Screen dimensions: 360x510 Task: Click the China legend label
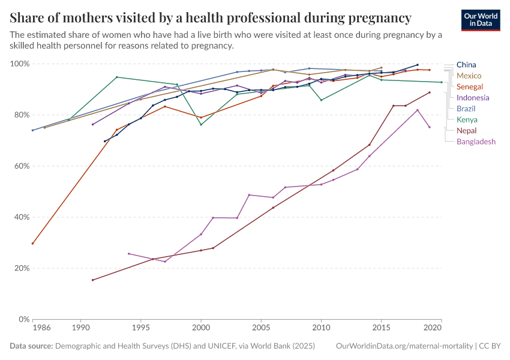(467, 65)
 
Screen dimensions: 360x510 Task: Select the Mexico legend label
(469, 76)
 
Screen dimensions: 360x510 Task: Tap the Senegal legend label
(470, 87)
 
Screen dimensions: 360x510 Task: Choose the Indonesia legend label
(473, 98)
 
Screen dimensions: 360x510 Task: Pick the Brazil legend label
(466, 109)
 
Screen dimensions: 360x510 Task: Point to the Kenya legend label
(467, 120)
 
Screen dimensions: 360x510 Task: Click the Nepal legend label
(467, 131)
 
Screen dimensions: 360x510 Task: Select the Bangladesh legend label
(476, 142)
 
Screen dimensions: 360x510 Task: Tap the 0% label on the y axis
(24, 319)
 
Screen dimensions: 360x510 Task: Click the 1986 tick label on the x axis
(41, 329)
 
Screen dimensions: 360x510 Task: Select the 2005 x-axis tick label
(261, 329)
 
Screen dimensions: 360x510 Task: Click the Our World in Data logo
(481, 20)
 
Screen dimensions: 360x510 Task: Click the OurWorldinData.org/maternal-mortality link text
(403, 346)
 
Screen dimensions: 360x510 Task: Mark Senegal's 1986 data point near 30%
(32, 243)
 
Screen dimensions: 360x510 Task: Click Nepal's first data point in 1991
(92, 280)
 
